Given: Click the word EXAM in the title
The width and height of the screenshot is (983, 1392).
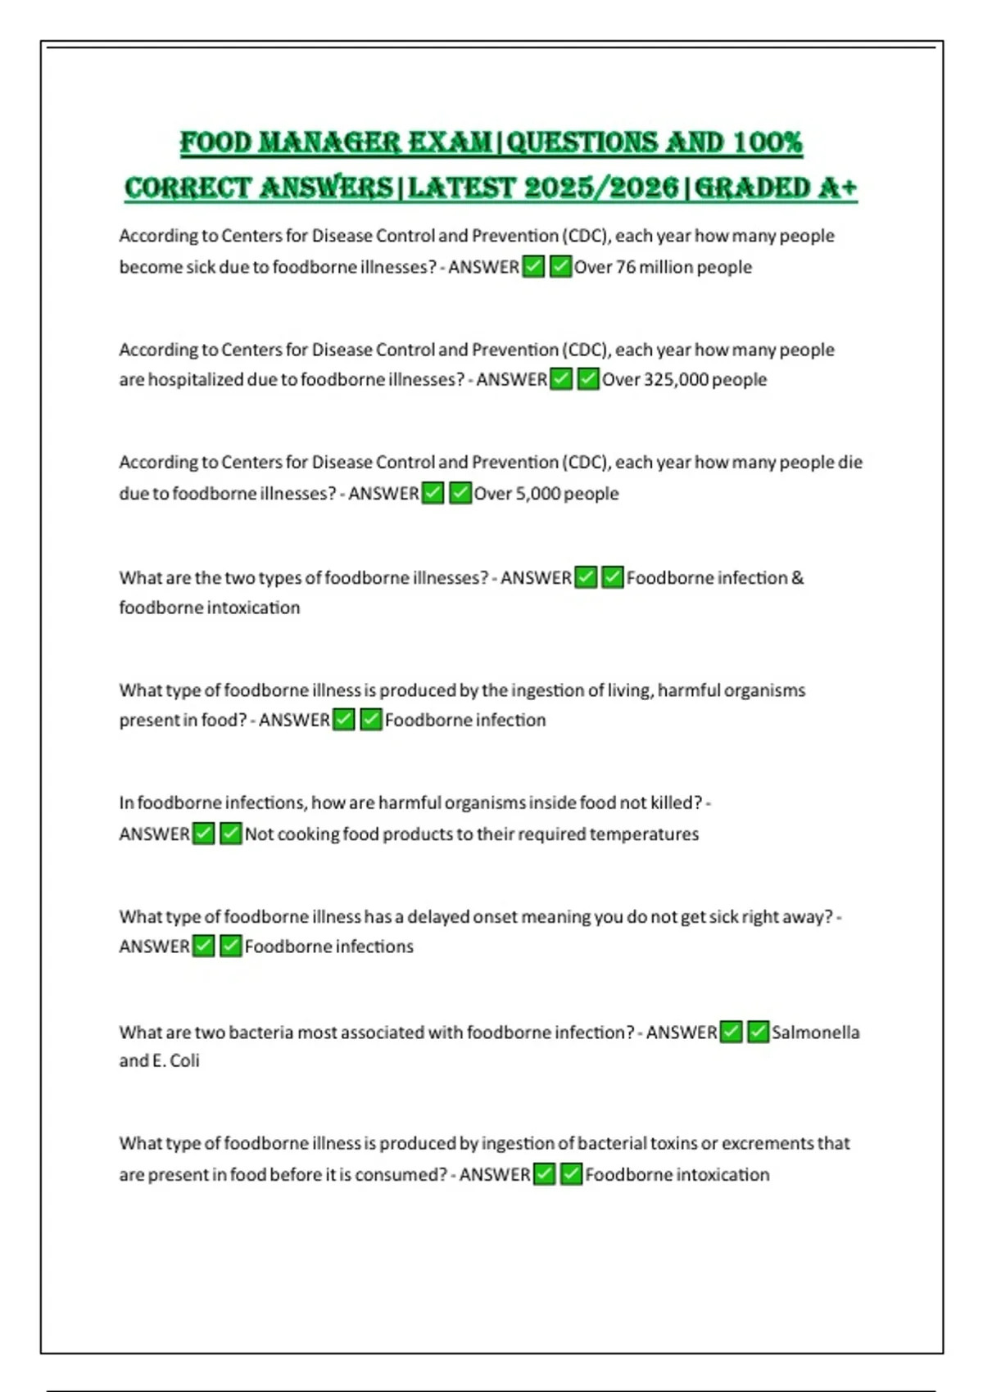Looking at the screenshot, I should click(450, 142).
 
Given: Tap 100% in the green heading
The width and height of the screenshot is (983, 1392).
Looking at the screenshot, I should click(768, 142).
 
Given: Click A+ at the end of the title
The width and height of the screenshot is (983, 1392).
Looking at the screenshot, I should click(836, 188).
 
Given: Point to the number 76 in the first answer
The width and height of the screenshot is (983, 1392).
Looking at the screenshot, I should click(626, 267).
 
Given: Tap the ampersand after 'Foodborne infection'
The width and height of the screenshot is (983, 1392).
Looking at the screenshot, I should click(798, 578).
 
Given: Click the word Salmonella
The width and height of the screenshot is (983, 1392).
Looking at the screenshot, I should click(816, 1033).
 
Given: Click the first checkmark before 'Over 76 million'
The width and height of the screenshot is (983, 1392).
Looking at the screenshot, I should click(533, 267).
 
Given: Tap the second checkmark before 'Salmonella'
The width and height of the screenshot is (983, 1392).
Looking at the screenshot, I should click(759, 1032).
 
